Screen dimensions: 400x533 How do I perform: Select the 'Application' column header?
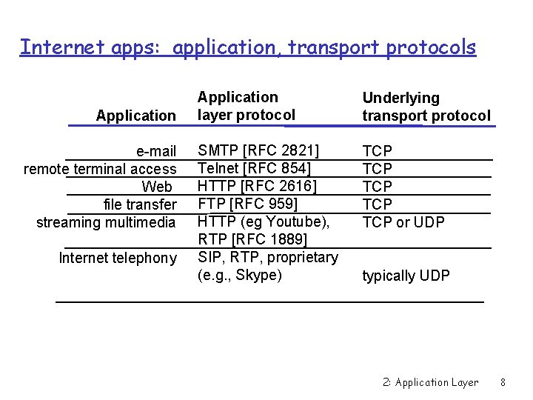(136, 116)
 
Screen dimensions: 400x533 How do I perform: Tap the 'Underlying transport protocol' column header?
(426, 107)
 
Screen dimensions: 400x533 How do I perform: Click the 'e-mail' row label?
(156, 152)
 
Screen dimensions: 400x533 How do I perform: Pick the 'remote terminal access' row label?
(100, 169)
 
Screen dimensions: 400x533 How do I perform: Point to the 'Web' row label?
(157, 187)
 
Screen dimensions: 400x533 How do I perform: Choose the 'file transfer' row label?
(140, 204)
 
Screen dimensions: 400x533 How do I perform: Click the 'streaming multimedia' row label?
(106, 222)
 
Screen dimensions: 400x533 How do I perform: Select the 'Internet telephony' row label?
(117, 258)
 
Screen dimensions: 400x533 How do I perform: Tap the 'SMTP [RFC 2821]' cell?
(258, 151)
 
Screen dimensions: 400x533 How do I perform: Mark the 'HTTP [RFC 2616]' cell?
(257, 187)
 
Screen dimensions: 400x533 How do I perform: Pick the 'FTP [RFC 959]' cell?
(247, 204)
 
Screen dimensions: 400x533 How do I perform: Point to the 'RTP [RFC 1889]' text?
(252, 239)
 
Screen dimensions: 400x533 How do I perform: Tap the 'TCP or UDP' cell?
(403, 222)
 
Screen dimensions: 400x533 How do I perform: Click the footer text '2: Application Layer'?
(431, 383)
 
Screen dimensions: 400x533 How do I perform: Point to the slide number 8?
(503, 383)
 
